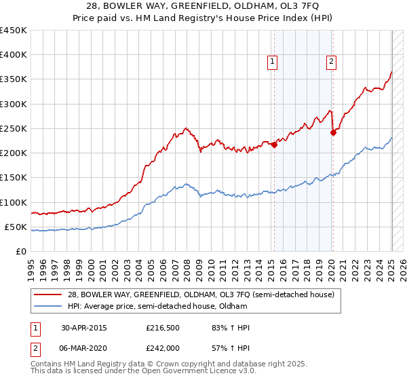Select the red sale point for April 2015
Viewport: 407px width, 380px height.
[274, 145]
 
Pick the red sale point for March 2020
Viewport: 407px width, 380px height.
[333, 133]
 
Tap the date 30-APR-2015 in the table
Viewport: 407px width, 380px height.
[84, 328]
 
